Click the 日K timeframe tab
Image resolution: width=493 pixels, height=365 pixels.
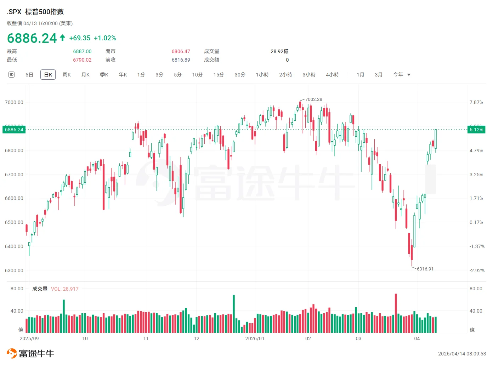point(48,75)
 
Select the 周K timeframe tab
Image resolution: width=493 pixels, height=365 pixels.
point(67,75)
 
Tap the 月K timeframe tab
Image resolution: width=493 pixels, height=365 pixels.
point(85,75)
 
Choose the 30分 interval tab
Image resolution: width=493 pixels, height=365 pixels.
point(240,75)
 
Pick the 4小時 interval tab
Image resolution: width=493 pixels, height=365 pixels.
point(332,75)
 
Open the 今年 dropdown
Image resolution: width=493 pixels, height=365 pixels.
point(401,75)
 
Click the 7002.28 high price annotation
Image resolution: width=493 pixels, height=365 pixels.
point(313,99)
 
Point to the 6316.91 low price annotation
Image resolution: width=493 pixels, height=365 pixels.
point(425,269)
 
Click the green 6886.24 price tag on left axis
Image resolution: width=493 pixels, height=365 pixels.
point(14,130)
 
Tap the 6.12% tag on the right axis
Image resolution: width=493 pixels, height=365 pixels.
point(476,130)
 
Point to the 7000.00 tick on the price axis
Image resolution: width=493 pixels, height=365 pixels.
point(14,102)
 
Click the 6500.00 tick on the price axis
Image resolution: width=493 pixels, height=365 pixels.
point(14,222)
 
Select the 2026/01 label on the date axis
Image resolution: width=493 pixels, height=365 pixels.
point(255,338)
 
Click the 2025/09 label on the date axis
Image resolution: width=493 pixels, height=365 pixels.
point(29,338)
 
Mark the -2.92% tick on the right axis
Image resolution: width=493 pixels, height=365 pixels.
point(477,270)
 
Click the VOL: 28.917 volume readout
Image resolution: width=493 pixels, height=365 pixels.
point(65,289)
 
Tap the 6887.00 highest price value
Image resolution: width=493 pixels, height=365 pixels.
point(82,51)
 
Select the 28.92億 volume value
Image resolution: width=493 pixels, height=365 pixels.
point(279,51)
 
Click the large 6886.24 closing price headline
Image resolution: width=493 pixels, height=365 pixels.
point(32,38)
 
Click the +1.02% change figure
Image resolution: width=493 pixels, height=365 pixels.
point(105,38)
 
